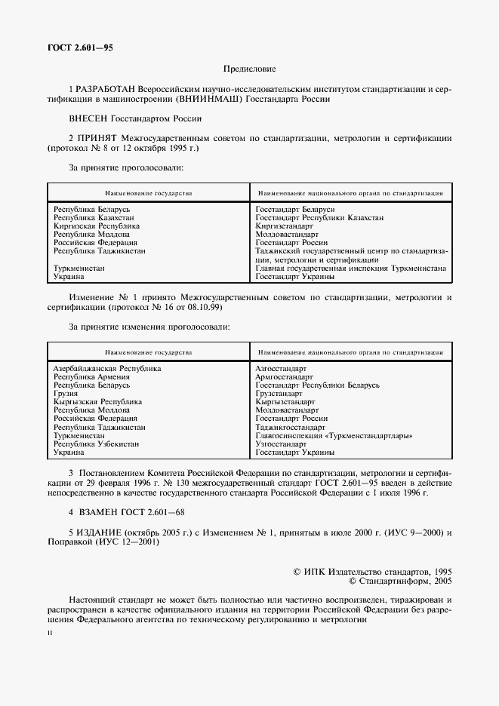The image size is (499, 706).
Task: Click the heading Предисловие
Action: click(249, 69)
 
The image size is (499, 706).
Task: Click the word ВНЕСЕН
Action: click(88, 118)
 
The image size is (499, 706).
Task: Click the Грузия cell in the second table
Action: click(65, 393)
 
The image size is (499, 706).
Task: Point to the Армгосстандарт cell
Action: click(284, 376)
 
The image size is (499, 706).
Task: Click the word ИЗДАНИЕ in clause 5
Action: click(100, 533)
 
